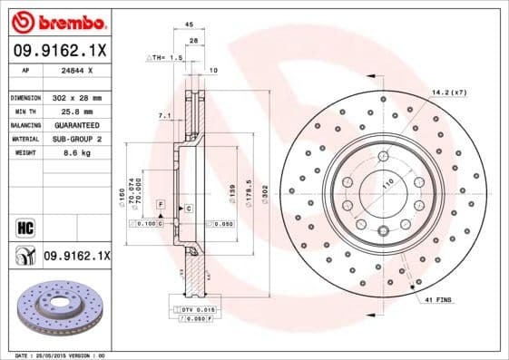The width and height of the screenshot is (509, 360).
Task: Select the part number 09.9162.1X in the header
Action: (x=56, y=49)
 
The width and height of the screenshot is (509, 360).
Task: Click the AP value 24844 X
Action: (x=71, y=70)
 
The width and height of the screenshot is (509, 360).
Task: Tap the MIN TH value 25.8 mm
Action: (x=65, y=111)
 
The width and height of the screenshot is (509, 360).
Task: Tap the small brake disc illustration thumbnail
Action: (x=56, y=307)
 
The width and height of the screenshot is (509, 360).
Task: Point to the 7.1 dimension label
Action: (x=163, y=115)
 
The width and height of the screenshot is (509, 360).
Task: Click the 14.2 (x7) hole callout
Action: (x=450, y=92)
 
